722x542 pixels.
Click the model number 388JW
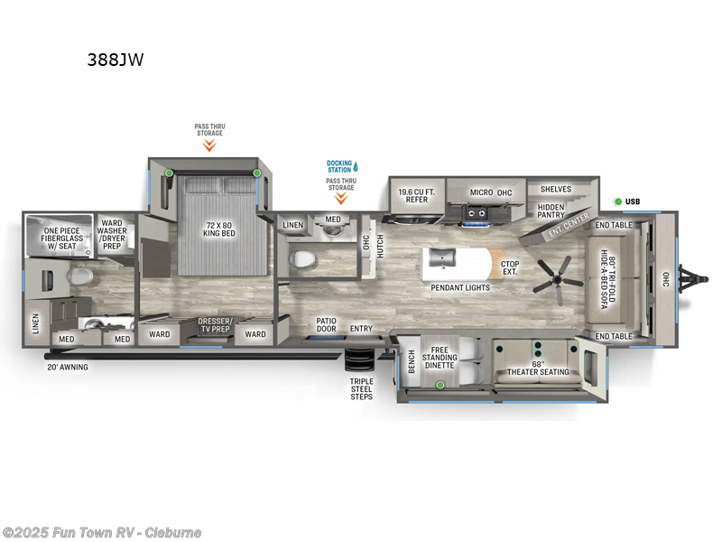115,61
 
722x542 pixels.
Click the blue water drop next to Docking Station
356,166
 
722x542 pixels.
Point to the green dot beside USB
618,201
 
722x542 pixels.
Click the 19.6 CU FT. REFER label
416,195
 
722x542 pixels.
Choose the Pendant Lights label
460,287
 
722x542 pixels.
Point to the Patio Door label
327,324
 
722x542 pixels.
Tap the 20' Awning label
68,367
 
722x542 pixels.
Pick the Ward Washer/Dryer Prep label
112,233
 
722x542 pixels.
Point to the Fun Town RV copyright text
102,532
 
